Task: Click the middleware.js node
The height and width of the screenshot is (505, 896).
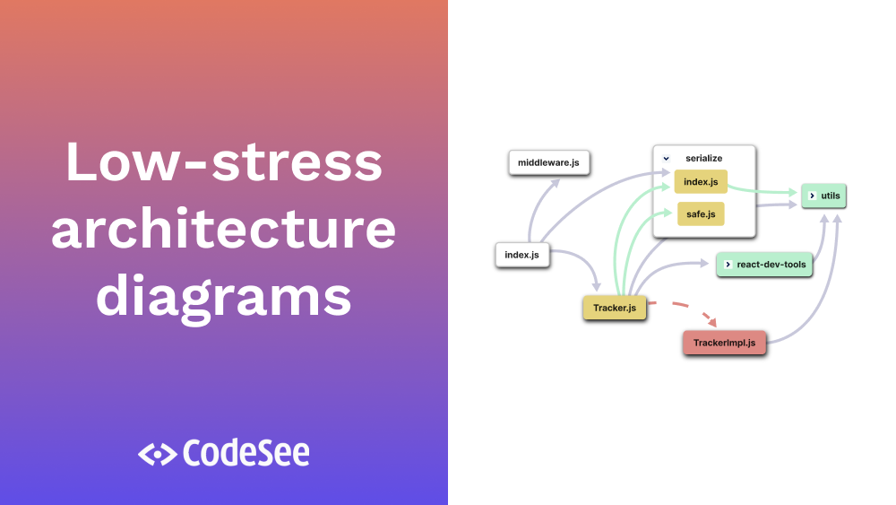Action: point(549,162)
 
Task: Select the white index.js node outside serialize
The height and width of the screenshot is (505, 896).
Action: point(521,255)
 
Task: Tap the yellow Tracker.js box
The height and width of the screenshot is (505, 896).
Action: point(614,309)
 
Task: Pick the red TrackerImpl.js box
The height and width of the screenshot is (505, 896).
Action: point(724,343)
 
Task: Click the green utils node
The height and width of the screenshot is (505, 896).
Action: point(823,195)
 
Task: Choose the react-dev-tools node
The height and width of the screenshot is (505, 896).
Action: point(764,265)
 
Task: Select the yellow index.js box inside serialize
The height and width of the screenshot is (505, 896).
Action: point(701,182)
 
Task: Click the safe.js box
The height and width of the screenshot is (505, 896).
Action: point(701,214)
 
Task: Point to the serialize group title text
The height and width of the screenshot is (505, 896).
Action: point(703,158)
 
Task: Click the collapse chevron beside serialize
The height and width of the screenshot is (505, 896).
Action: point(666,158)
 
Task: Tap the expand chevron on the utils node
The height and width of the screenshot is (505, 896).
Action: point(811,195)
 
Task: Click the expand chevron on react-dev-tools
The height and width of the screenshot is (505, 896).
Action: point(728,265)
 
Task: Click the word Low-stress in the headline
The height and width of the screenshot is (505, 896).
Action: point(223,162)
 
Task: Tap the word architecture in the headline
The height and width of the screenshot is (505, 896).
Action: point(223,229)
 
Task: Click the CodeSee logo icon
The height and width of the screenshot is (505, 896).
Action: point(157,454)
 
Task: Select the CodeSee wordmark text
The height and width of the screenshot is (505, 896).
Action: point(246,453)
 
